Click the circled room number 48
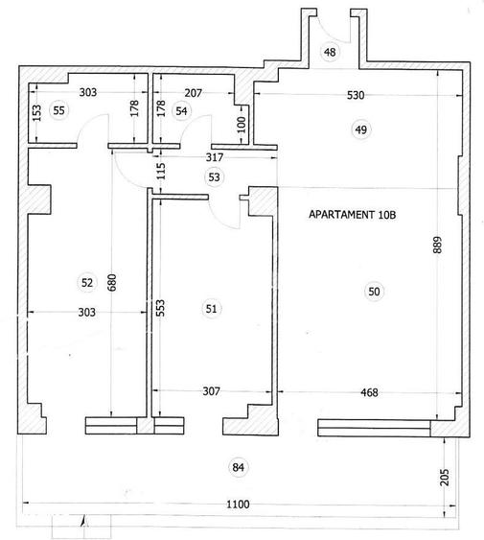tap(330, 52)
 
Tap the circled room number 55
tap(58, 110)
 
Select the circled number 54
tap(181, 111)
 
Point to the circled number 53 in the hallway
tap(214, 177)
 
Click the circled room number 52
tap(87, 283)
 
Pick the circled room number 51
tap(212, 309)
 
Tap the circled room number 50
tap(374, 292)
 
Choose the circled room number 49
tap(361, 129)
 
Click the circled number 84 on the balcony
tap(239, 467)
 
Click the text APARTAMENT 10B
tap(352, 215)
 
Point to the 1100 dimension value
tap(238, 505)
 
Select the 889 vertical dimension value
tap(437, 245)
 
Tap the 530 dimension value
tap(356, 95)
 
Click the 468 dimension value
tap(369, 392)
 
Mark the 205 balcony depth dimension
tap(445, 477)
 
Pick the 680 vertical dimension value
tap(112, 282)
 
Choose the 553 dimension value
tap(160, 308)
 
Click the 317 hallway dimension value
tap(215, 157)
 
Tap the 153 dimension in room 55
tap(36, 113)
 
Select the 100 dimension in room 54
tap(242, 125)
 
